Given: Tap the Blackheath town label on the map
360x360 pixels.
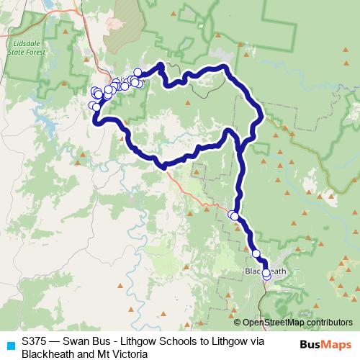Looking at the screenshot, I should pos(266,271).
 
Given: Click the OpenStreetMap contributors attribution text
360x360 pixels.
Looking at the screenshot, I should pos(297,322).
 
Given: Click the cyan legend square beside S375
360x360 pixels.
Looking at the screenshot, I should pos(7,343).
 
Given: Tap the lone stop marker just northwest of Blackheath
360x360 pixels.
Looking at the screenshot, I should pos(256,253).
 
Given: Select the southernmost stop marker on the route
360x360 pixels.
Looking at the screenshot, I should pos(266,276).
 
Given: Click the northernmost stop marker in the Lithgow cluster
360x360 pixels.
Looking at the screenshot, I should pos(138,72).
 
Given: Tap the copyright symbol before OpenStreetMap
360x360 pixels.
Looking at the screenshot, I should pos(238,322).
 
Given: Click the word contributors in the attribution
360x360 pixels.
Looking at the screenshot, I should pos(328,322).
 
